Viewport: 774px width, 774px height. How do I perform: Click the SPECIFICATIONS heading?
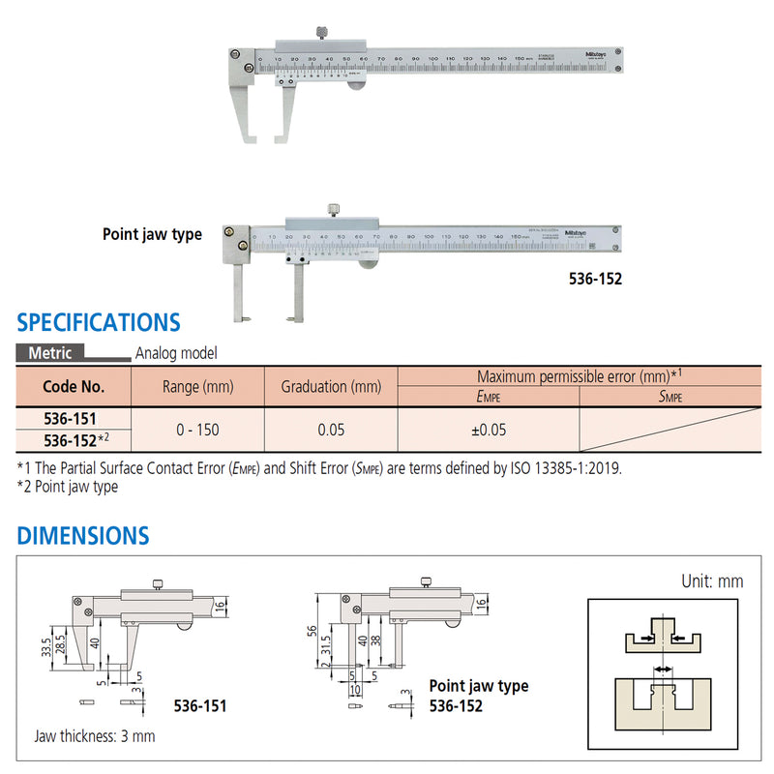[99, 322]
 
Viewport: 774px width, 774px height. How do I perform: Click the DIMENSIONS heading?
[83, 535]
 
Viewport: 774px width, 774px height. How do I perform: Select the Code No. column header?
[74, 386]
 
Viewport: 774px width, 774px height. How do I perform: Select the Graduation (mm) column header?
[331, 386]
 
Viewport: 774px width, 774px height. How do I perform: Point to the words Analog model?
[177, 354]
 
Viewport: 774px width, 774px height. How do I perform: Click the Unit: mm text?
[711, 581]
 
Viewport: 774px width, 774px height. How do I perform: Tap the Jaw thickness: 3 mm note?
[94, 736]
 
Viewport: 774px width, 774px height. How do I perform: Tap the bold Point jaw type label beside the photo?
[153, 234]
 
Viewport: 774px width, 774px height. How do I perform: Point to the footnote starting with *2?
[68, 487]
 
